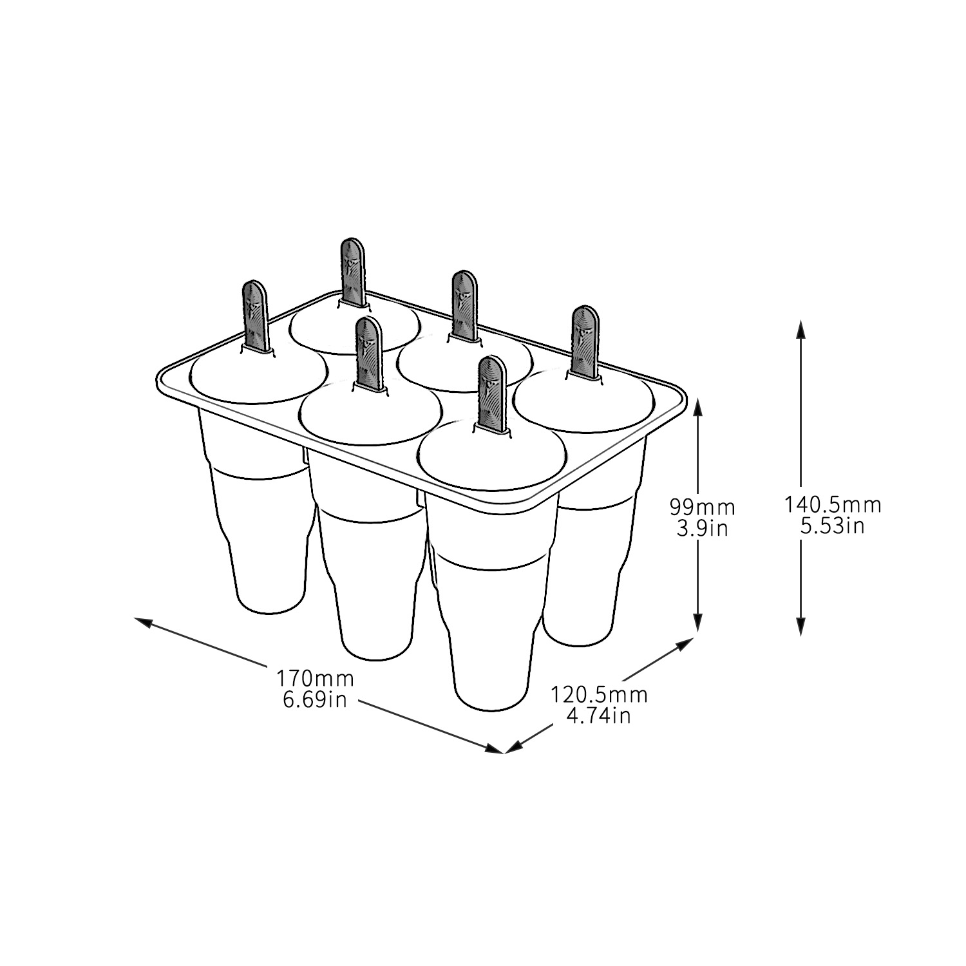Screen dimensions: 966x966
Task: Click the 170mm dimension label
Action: click(316, 678)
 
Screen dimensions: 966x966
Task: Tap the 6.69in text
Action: click(316, 699)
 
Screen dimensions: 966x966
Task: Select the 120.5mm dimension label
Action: click(599, 695)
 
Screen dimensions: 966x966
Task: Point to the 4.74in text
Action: click(599, 715)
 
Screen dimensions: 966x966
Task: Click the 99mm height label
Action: click(702, 507)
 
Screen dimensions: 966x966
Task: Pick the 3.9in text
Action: click(702, 528)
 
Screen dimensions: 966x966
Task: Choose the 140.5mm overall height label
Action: click(832, 504)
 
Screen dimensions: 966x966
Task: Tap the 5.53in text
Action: click(832, 526)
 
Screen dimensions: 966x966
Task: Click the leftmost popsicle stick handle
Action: click(254, 316)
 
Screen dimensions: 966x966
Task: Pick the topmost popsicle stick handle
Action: click(353, 270)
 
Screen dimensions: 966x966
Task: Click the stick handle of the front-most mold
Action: click(493, 393)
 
